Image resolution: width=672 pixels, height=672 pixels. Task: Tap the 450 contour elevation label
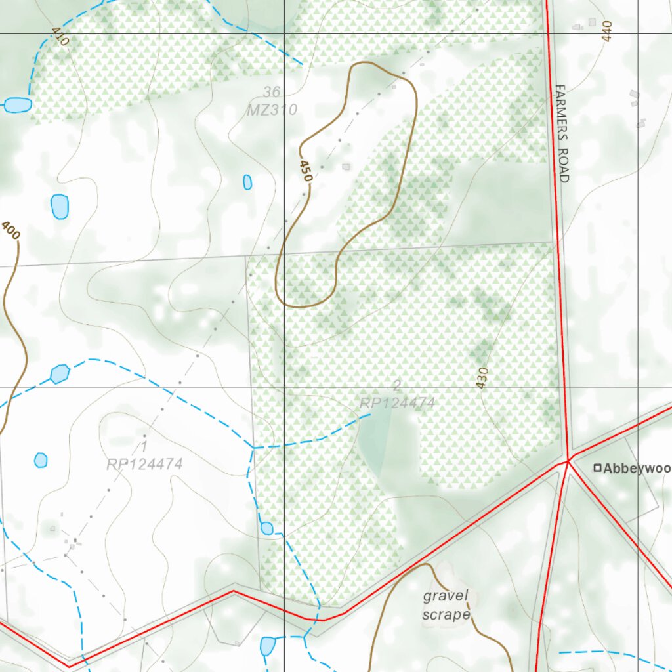click(x=304, y=170)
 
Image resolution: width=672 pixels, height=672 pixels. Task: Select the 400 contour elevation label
click(x=10, y=230)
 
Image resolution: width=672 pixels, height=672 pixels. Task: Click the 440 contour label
click(x=606, y=31)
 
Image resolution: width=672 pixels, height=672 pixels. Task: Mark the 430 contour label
click(x=482, y=378)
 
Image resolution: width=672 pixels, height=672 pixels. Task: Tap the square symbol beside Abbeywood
click(x=597, y=468)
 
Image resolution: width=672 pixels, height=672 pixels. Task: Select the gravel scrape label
click(x=446, y=605)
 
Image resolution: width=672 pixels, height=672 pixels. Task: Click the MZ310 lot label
click(x=272, y=110)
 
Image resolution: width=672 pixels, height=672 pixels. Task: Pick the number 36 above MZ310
click(x=271, y=91)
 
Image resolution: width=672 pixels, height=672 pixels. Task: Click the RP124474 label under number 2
click(x=397, y=402)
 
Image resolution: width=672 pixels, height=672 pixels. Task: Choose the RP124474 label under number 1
click(x=144, y=464)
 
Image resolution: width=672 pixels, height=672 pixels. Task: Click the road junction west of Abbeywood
click(x=568, y=461)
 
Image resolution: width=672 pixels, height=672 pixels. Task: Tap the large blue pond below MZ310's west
click(x=60, y=207)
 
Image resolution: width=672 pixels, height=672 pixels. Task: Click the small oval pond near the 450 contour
click(x=247, y=182)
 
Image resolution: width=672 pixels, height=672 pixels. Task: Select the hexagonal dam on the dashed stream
click(x=60, y=373)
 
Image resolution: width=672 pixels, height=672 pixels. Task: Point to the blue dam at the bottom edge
click(x=267, y=646)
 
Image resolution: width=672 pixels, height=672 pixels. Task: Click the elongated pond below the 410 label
click(x=17, y=105)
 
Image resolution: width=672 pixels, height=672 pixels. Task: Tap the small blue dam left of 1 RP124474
click(x=41, y=460)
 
